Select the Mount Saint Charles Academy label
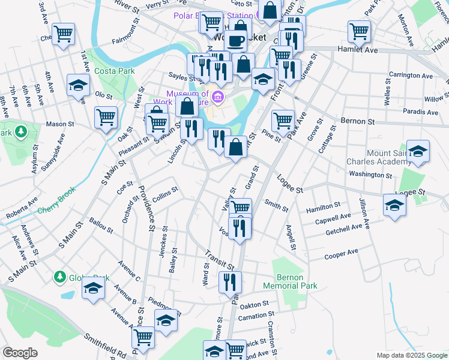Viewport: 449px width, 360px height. [377, 157]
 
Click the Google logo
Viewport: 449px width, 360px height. [20, 353]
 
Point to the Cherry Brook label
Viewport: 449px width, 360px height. [58, 210]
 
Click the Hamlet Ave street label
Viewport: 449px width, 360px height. [358, 50]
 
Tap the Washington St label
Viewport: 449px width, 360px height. [370, 175]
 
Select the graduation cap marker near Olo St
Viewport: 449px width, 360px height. [78, 86]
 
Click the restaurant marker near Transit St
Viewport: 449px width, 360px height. [230, 282]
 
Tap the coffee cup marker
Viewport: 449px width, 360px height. [236, 40]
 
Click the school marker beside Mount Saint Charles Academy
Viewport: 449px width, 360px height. [418, 151]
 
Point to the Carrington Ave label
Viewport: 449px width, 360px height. [411, 76]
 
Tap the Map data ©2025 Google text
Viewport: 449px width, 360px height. [411, 355]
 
